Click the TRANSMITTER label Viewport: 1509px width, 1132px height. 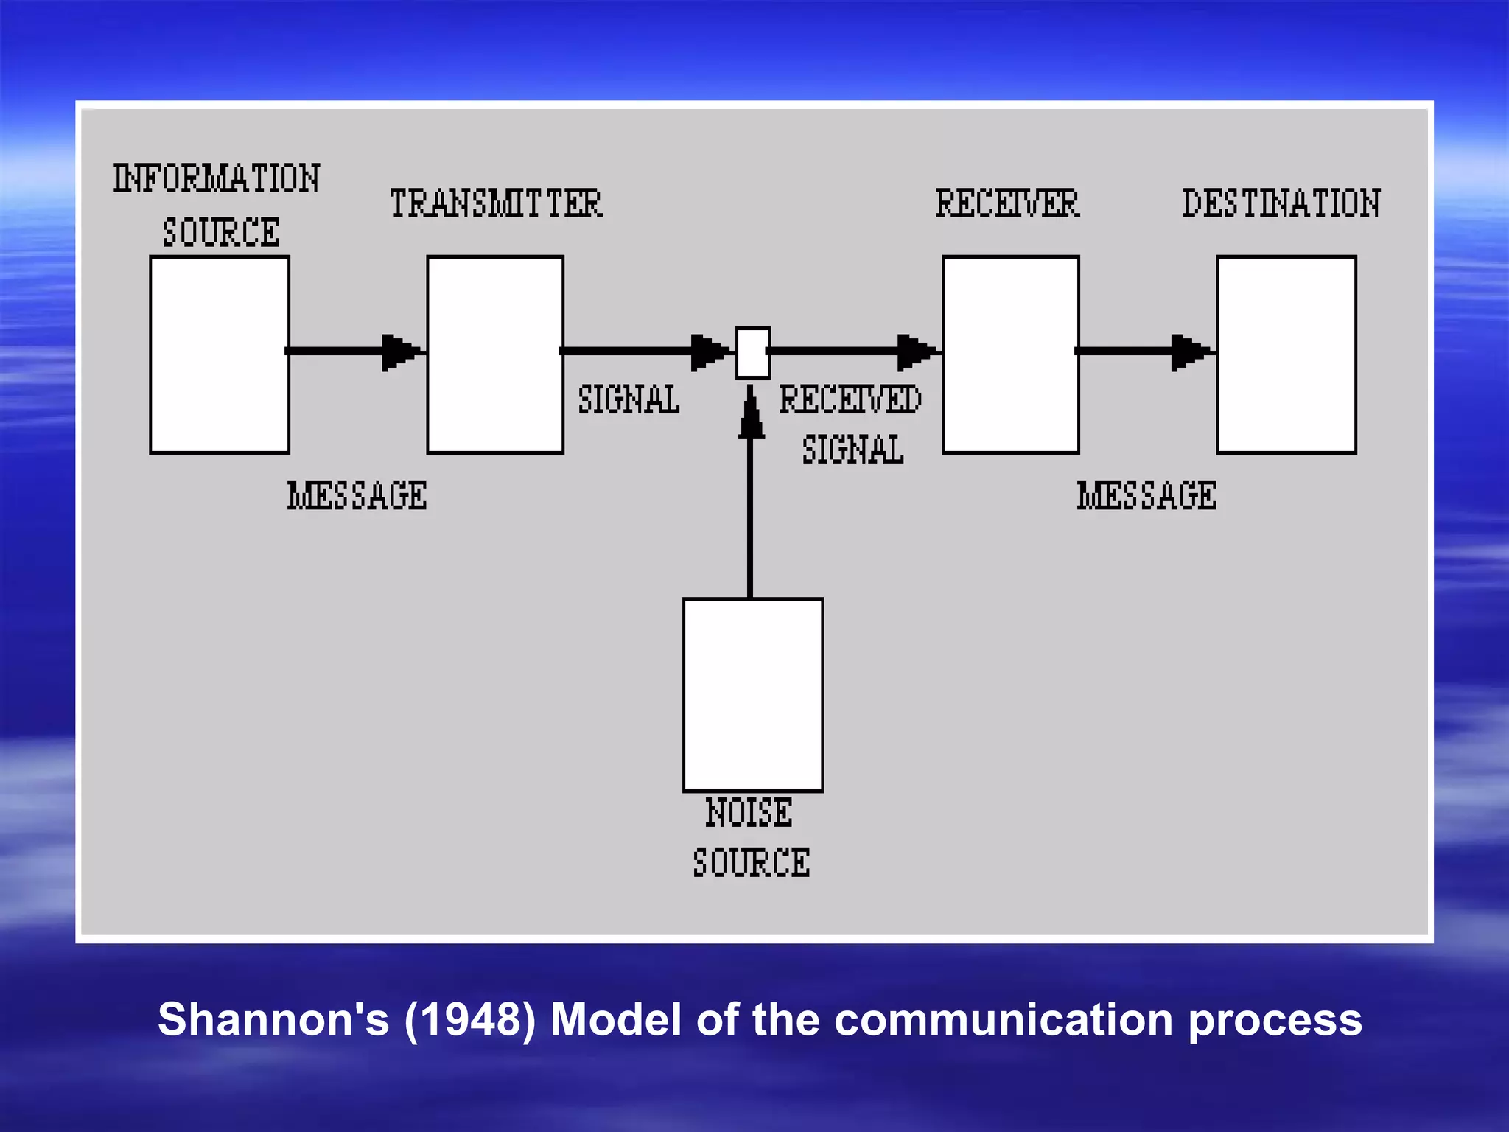point(496,203)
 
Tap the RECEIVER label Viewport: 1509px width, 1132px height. point(1007,203)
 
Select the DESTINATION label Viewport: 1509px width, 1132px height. point(1281,203)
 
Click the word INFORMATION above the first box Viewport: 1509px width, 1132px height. point(217,178)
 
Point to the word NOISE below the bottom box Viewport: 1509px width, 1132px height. point(749,813)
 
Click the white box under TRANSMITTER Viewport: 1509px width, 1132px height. point(495,354)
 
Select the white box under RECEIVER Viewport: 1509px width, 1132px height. point(1011,354)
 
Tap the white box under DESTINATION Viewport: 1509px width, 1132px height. point(1286,354)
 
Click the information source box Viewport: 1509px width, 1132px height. point(220,354)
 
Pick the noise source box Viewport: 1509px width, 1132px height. point(753,695)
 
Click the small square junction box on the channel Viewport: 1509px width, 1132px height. point(753,353)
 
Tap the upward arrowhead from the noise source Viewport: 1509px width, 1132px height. point(751,414)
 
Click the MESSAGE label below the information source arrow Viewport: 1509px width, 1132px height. point(357,495)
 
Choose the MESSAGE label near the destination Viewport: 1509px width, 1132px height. point(1146,495)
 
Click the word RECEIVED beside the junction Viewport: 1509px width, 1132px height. point(850,399)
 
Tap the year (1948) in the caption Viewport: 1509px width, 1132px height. point(469,1019)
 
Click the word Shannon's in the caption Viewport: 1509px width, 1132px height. point(273,1019)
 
